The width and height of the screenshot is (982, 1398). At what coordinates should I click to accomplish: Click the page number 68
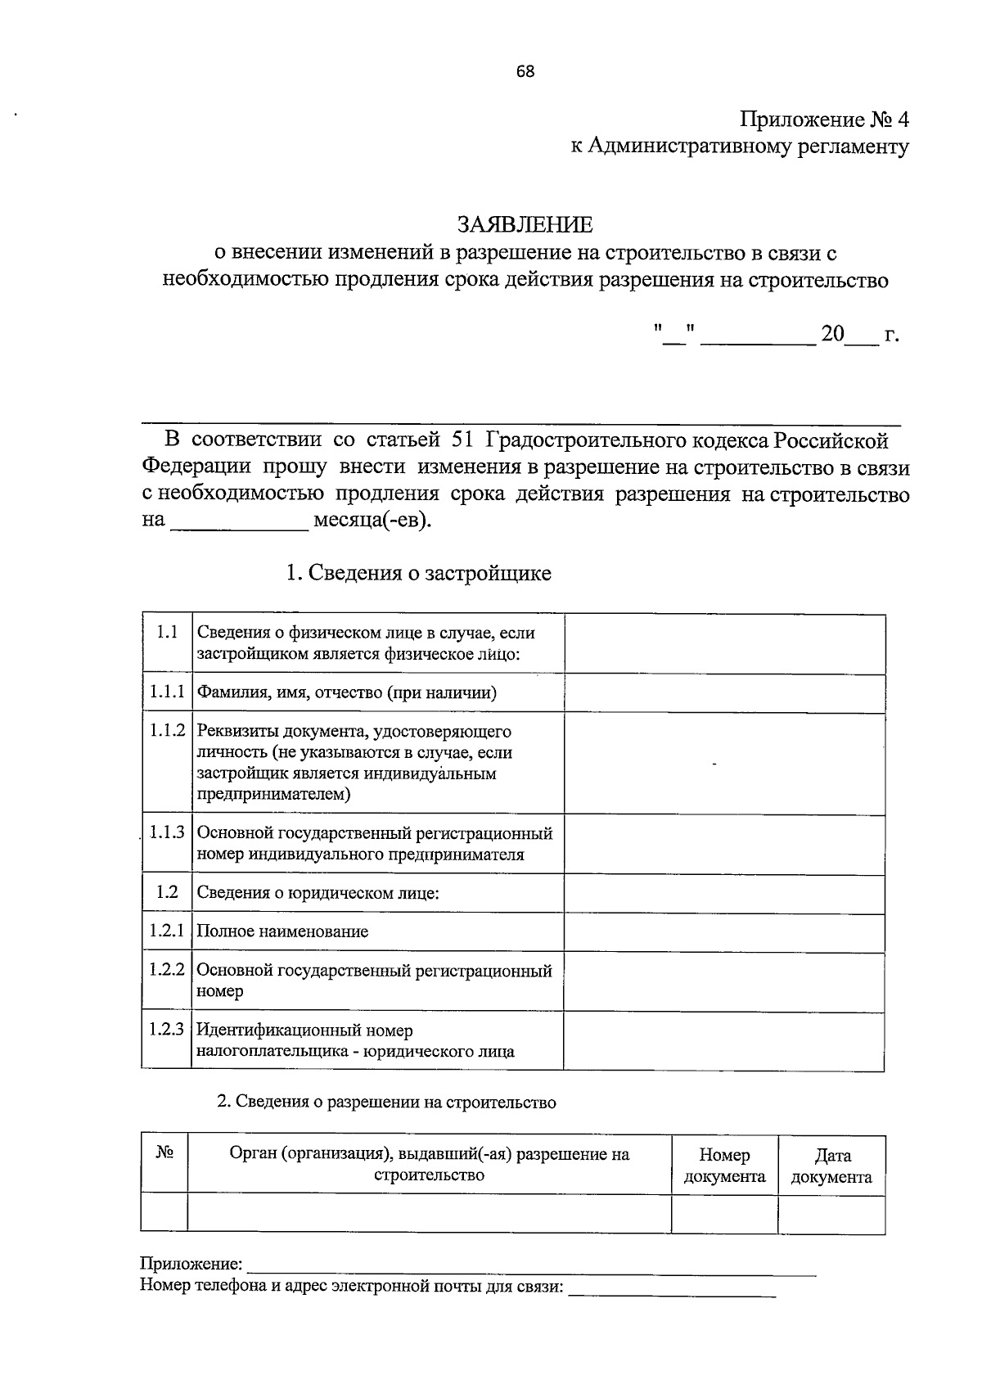point(525,71)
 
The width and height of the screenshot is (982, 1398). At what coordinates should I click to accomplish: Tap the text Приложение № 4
point(824,120)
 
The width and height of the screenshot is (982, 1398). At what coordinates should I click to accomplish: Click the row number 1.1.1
point(167,692)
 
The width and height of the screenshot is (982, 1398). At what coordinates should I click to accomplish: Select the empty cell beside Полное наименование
point(723,932)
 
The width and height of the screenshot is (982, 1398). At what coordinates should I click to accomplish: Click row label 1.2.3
point(167,1030)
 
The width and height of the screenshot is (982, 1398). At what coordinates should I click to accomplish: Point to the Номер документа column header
point(724,1166)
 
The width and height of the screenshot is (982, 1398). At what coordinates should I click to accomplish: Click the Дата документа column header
point(831,1166)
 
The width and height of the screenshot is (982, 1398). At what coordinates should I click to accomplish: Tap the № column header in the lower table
point(164,1153)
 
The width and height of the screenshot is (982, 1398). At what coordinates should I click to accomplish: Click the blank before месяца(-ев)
point(239,522)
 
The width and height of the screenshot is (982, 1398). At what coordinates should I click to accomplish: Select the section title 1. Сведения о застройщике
point(418,573)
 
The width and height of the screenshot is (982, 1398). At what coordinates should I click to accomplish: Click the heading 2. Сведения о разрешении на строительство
point(386,1102)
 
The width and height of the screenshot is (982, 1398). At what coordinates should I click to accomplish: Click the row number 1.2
point(167,892)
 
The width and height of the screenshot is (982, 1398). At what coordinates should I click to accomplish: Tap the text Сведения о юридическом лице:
point(318,893)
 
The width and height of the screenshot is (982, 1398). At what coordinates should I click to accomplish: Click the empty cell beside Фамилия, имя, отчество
point(723,692)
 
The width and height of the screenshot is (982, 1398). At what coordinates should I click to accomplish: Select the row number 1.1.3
point(167,833)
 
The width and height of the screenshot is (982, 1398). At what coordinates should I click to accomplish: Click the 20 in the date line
point(832,335)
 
